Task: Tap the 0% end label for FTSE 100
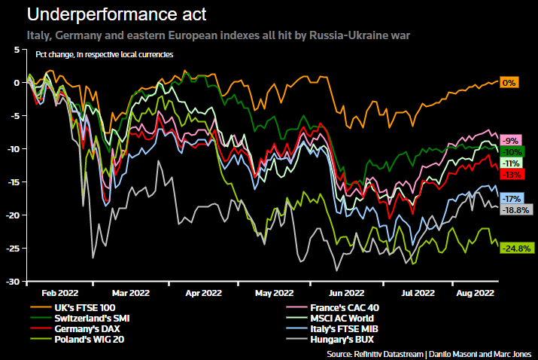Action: pos(509,83)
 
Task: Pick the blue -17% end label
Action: pos(511,199)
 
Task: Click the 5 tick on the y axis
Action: pos(17,49)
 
